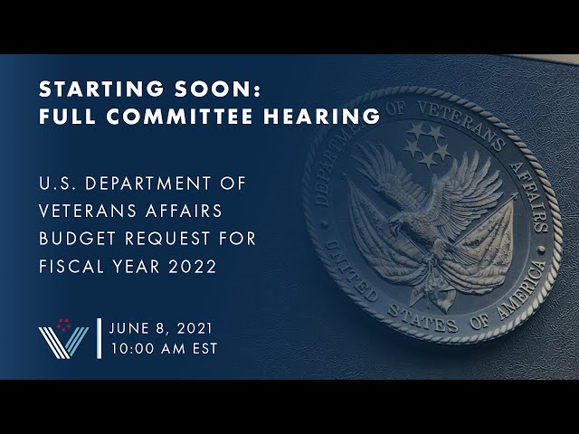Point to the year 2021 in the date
pyautogui.click(x=195, y=327)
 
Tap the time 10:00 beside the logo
pyautogui.click(x=135, y=347)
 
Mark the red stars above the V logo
pyautogui.click(x=63, y=323)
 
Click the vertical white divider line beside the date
pyautogui.click(x=98, y=338)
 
